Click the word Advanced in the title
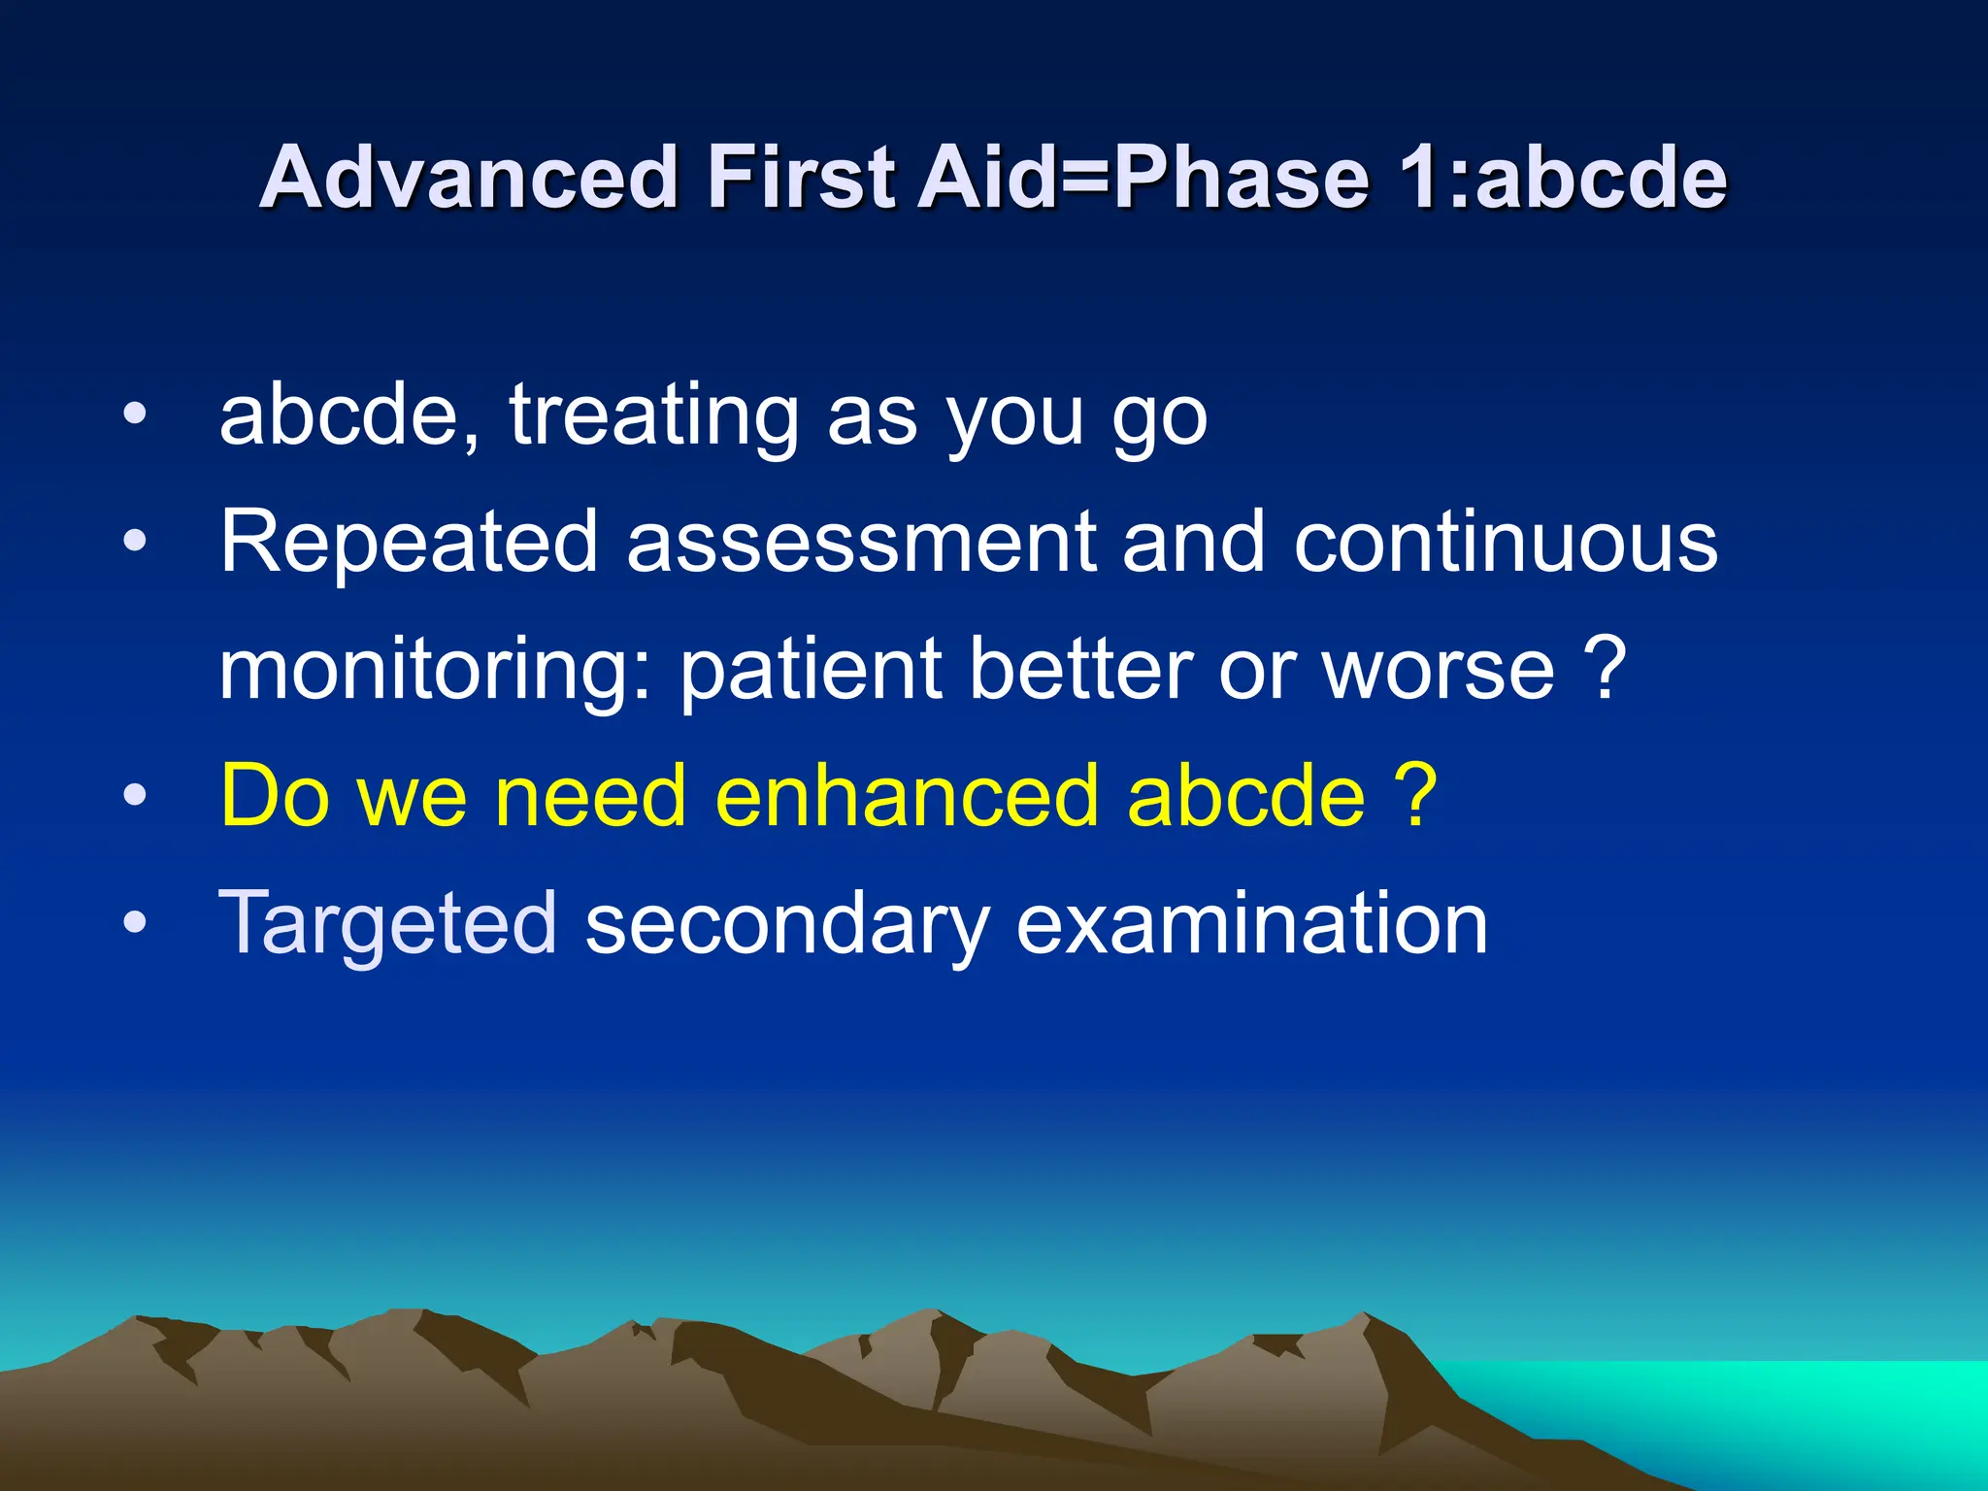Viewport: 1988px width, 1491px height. [x=468, y=178]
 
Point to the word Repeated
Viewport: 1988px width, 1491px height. [x=408, y=543]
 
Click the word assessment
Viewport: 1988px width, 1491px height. [x=860, y=543]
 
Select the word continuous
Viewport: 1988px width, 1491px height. [x=1506, y=543]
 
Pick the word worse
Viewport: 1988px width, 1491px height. [x=1438, y=671]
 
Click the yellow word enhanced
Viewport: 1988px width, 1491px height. [x=907, y=797]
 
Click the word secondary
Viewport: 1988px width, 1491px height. [x=787, y=925]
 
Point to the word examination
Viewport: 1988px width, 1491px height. [x=1251, y=923]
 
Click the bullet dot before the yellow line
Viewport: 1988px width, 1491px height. [x=135, y=797]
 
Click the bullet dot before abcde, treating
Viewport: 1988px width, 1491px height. [x=135, y=415]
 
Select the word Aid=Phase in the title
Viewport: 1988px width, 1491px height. [x=1144, y=178]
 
